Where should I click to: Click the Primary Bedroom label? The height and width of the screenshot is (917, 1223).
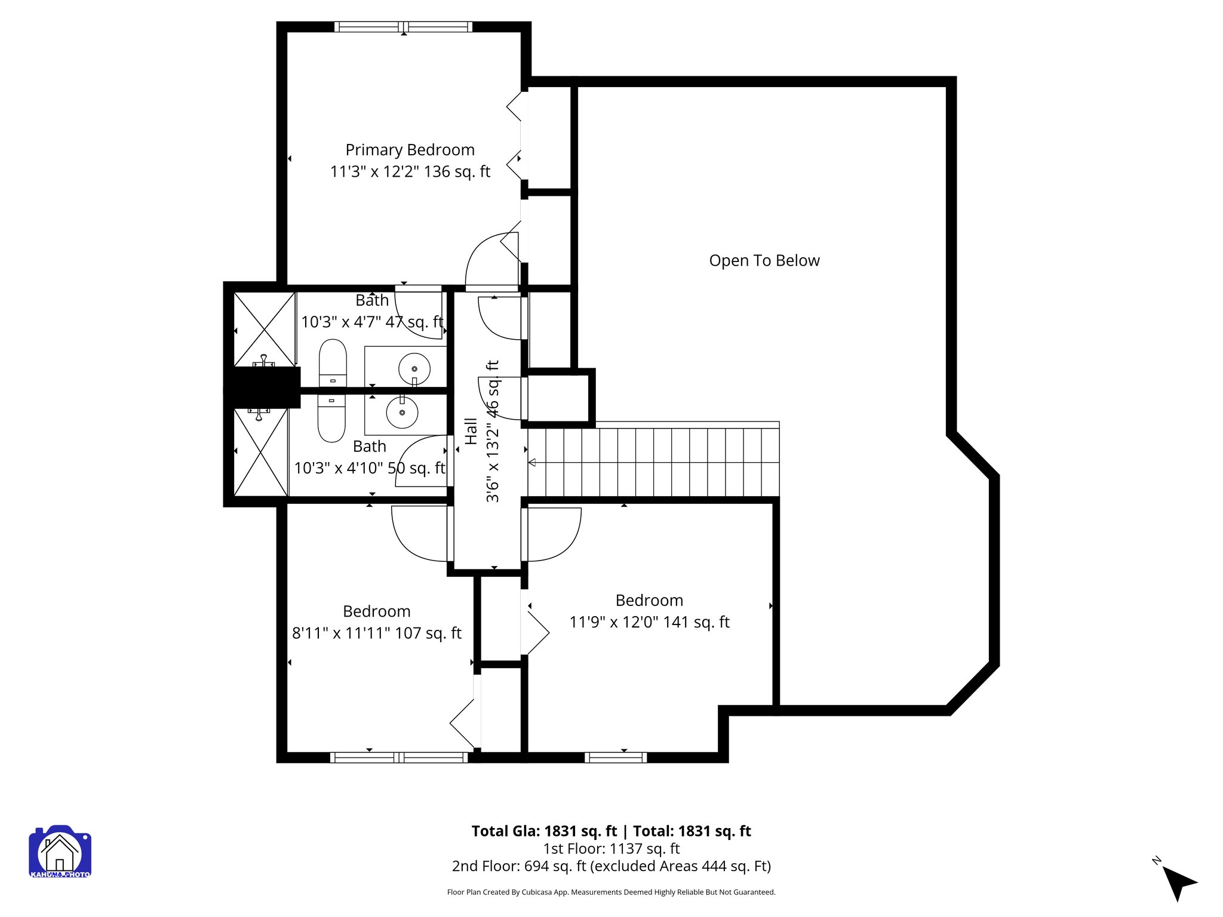[x=410, y=150]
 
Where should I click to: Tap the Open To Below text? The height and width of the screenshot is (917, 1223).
[x=764, y=261]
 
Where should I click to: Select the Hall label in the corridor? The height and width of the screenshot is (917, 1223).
[x=471, y=431]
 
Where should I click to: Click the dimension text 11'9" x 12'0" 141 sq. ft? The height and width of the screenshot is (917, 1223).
[x=649, y=622]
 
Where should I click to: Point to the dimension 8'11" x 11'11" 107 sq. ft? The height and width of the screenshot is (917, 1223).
[x=376, y=633]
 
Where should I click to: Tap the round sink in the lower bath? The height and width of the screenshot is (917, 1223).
[x=402, y=412]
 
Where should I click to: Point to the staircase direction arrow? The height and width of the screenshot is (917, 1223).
[x=532, y=463]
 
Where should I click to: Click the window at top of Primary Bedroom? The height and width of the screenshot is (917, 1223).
[x=403, y=27]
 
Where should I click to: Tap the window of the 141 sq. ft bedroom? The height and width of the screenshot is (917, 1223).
[x=615, y=758]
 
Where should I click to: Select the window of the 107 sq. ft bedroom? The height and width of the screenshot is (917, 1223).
[x=399, y=758]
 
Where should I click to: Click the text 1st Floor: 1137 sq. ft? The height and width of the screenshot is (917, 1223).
[x=611, y=848]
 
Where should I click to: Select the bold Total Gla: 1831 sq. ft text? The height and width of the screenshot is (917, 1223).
[x=543, y=831]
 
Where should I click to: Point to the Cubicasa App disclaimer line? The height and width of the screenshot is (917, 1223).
[x=611, y=893]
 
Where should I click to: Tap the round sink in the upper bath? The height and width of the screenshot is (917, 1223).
[x=414, y=369]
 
